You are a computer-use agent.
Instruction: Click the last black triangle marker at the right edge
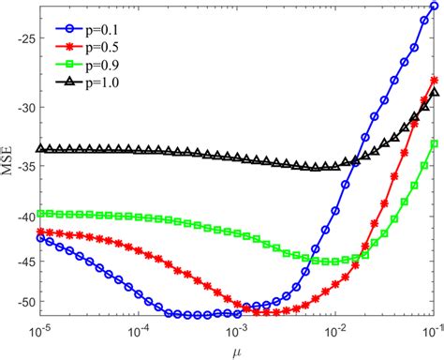(434, 93)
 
